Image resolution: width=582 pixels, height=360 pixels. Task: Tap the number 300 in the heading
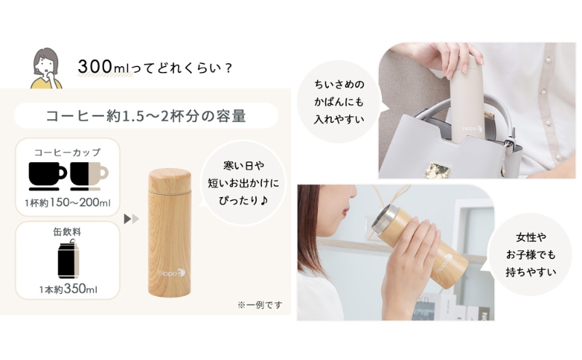[x=92, y=67]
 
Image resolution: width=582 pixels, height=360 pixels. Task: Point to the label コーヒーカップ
[x=68, y=152]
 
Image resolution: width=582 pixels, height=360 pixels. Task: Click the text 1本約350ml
[x=68, y=289]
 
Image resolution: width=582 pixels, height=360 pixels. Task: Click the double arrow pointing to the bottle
[x=131, y=218]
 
